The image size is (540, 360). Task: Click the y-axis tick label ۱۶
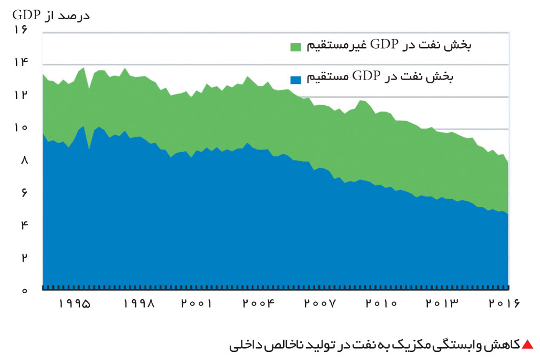click(21, 29)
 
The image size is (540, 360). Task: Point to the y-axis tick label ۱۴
click(21, 62)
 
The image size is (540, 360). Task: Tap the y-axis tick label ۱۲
click(21, 95)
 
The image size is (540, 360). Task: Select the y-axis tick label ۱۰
click(21, 128)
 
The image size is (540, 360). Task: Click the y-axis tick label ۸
click(24, 160)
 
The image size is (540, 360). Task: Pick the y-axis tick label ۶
click(24, 192)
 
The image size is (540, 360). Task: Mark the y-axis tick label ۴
click(24, 225)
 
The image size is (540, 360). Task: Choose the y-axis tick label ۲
click(24, 257)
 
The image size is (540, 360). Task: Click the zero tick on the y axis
click(24, 291)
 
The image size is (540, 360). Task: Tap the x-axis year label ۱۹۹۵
click(75, 303)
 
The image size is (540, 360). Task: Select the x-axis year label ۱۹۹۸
click(139, 303)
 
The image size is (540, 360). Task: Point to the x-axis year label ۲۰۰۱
click(197, 303)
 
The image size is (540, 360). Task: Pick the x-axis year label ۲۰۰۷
click(319, 303)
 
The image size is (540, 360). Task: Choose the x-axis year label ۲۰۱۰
click(381, 303)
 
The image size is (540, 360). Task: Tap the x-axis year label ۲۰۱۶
click(504, 303)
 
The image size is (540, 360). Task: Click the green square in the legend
click(295, 47)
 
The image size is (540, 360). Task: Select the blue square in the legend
click(295, 80)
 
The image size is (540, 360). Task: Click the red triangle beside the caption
click(528, 345)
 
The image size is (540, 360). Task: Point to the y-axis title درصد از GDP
click(51, 15)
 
